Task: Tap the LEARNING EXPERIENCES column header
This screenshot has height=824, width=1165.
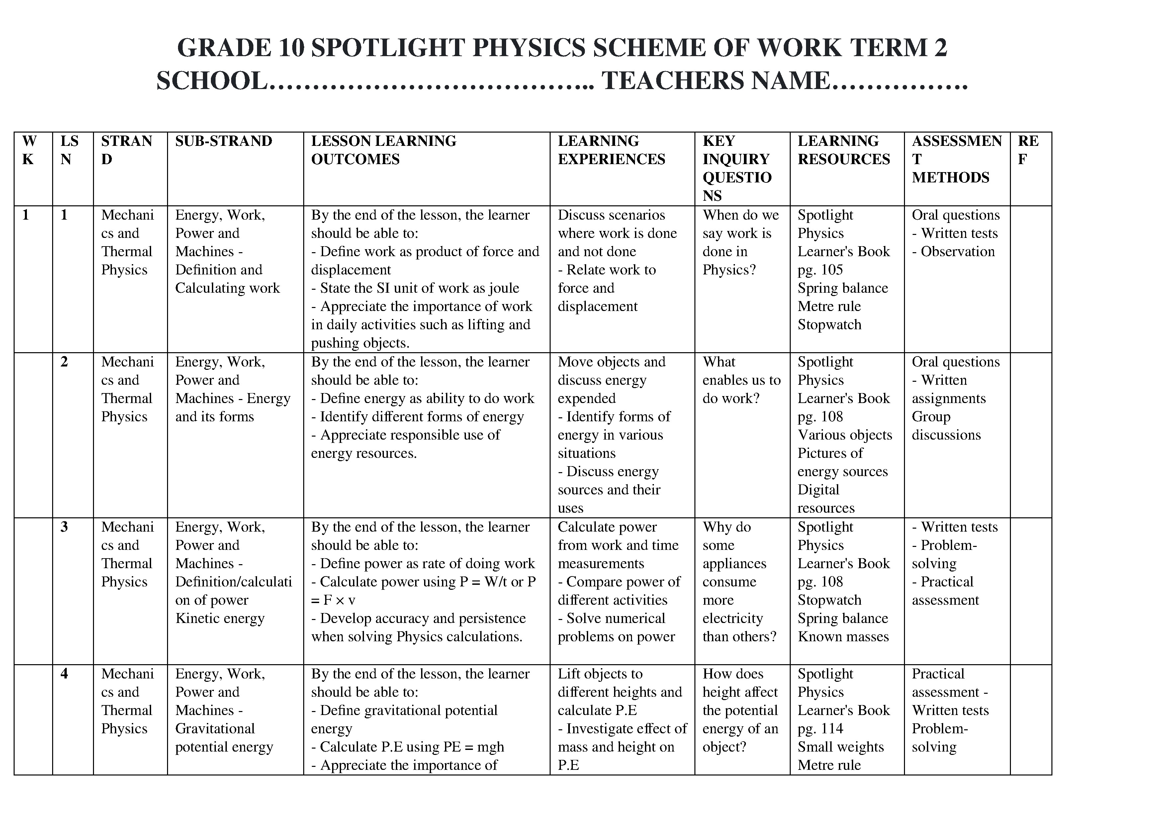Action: click(611, 150)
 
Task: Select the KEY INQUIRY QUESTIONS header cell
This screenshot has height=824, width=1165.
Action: click(737, 168)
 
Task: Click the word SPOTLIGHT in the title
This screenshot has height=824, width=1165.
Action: click(388, 48)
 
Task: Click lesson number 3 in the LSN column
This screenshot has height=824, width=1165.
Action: click(64, 527)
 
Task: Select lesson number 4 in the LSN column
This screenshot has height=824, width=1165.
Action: click(64, 674)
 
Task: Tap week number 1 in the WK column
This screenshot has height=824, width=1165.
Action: click(26, 215)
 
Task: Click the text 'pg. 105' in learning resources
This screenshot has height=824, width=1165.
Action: click(820, 270)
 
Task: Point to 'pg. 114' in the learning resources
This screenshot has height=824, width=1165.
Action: click(820, 729)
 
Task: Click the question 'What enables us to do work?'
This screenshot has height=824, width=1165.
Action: click(741, 380)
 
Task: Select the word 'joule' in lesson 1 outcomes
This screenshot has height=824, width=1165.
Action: click(503, 288)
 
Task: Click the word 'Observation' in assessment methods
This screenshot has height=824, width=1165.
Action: click(957, 252)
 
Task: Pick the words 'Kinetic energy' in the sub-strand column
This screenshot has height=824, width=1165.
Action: click(220, 618)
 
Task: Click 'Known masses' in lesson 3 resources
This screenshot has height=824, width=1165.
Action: click(843, 637)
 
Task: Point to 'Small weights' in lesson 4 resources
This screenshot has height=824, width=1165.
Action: click(840, 747)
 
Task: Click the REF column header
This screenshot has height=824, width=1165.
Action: click(1028, 150)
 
